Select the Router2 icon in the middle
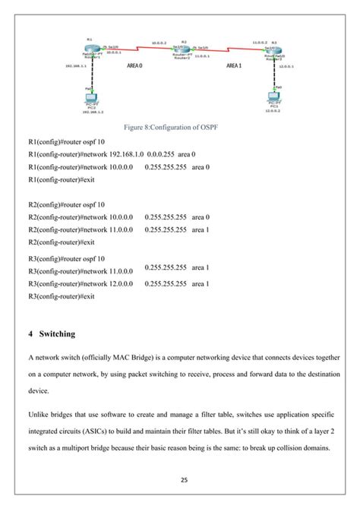[182, 51]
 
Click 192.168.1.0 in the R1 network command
[127, 154]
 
